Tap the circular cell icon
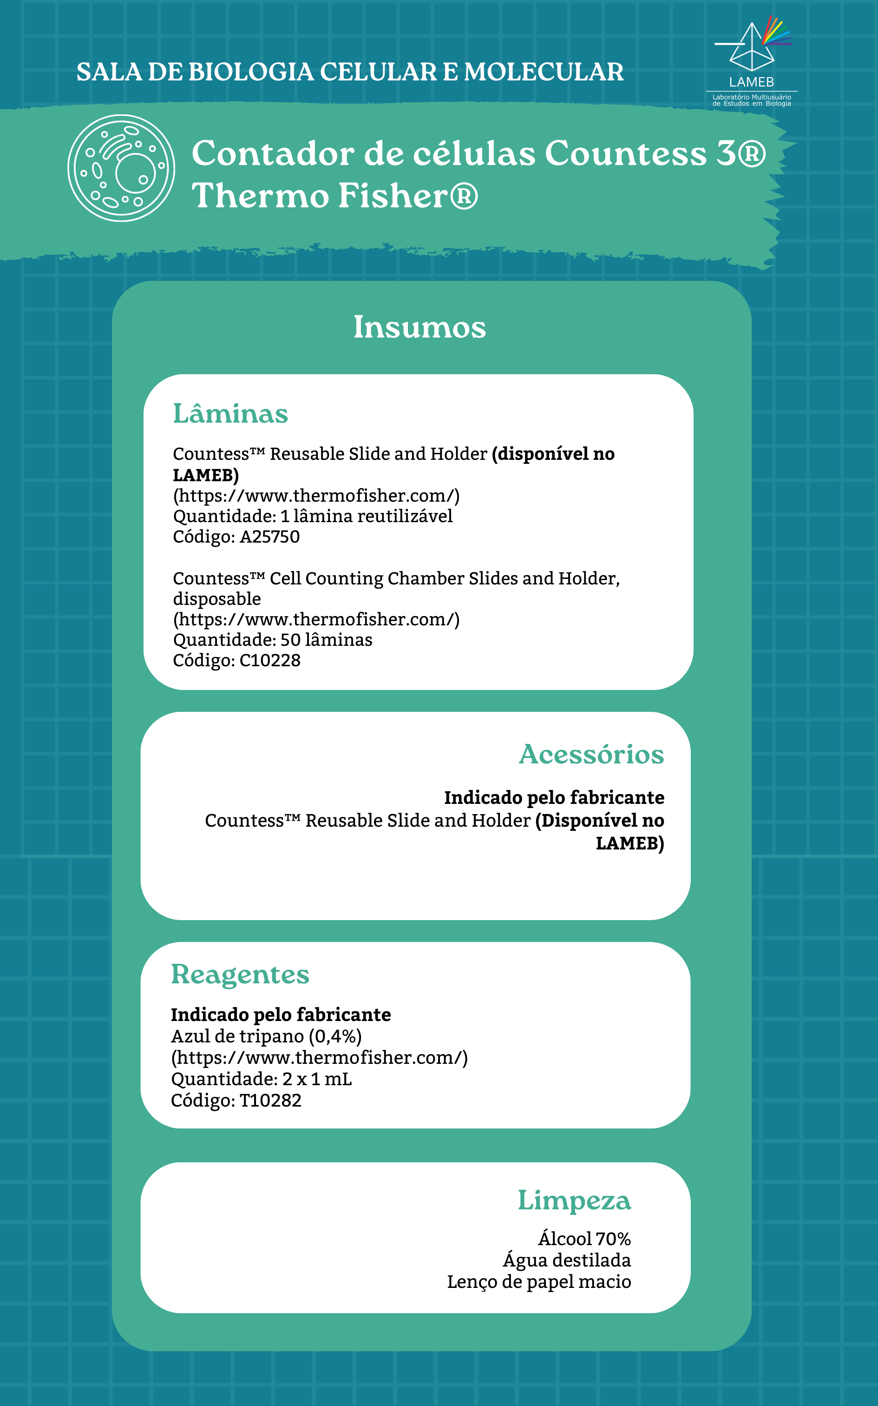click(x=121, y=168)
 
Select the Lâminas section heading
click(x=230, y=414)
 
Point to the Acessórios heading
click(x=591, y=754)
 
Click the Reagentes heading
click(x=240, y=975)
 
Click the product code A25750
click(x=269, y=536)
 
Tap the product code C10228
click(x=270, y=660)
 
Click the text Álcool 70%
click(x=584, y=1239)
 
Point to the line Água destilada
click(x=567, y=1260)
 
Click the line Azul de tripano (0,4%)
click(x=266, y=1036)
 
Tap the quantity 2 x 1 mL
click(x=317, y=1079)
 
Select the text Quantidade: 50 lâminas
click(x=272, y=640)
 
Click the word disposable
click(x=216, y=598)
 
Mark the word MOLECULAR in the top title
click(x=544, y=72)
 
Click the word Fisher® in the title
click(x=408, y=195)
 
